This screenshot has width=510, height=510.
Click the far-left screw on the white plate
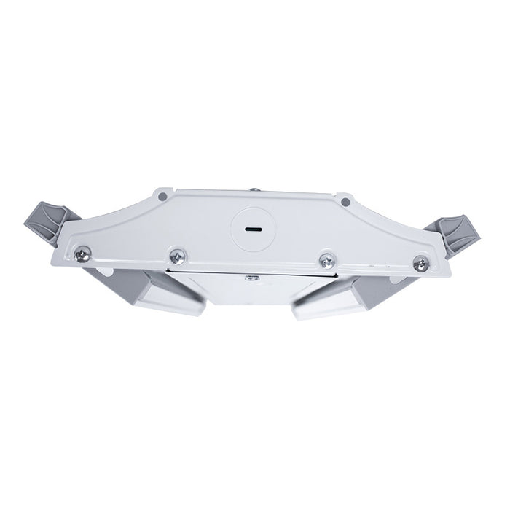(84, 254)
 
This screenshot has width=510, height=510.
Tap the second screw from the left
(176, 256)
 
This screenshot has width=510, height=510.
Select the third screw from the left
(328, 259)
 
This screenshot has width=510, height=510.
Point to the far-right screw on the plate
(420, 264)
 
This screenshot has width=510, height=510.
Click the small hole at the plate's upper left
(162, 195)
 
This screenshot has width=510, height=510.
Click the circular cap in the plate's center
(252, 226)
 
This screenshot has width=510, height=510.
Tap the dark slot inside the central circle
(252, 227)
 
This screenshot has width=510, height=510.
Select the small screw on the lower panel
(253, 277)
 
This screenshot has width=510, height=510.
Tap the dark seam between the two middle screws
(248, 268)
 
